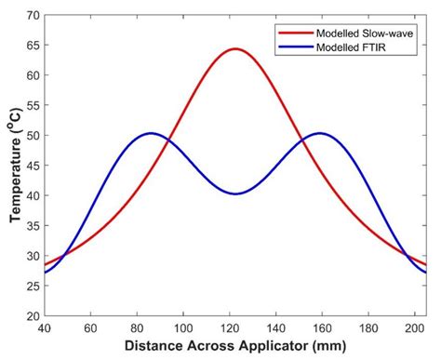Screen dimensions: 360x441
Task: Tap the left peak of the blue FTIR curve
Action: (x=151, y=133)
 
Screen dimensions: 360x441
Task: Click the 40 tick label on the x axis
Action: (x=44, y=328)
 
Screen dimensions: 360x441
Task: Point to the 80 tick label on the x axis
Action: (x=137, y=328)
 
